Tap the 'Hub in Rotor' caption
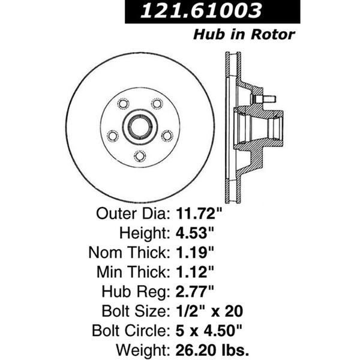coord(244,34)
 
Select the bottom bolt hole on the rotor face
coord(139,155)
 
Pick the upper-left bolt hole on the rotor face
coord(123,104)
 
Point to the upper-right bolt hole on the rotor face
coord(157,104)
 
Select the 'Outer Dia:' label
coord(134,212)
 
